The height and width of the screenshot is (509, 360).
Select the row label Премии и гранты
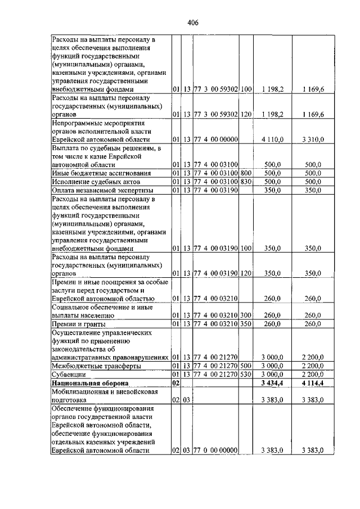tap(75, 325)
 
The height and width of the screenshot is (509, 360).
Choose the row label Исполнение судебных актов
tap(91, 182)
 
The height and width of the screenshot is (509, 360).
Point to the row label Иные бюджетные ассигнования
tap(93, 173)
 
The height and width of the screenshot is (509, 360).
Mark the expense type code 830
tap(245, 182)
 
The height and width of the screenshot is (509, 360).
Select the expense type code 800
tap(245, 173)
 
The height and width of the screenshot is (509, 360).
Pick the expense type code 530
tap(245, 373)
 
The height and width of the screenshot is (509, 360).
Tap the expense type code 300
tap(245, 315)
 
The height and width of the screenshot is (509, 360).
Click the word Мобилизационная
tap(80, 391)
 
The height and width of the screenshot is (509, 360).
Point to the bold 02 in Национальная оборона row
tap(175, 383)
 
